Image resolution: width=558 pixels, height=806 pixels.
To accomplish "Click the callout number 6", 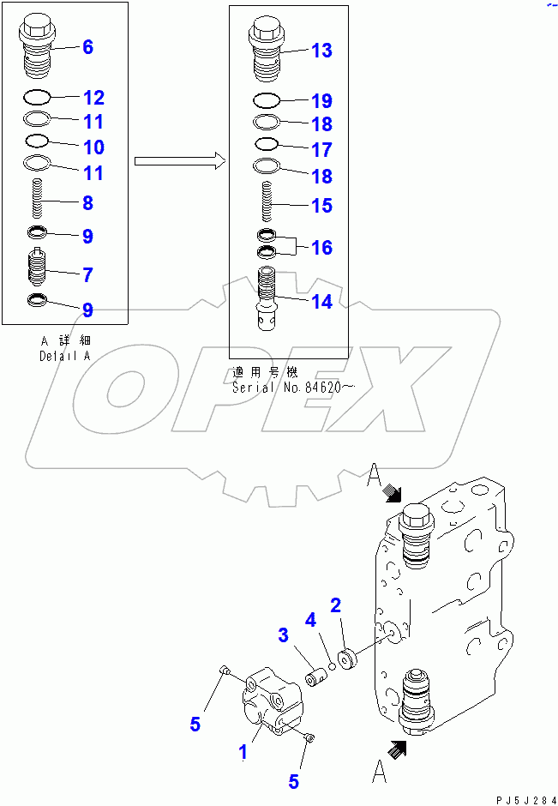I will point(87,47).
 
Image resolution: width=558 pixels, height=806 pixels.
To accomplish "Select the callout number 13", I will point(321,51).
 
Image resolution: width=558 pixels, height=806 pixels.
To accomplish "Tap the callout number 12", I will point(93,98).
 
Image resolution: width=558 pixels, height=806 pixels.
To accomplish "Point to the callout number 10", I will point(93,147).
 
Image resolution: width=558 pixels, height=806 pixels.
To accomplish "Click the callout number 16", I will point(321,248).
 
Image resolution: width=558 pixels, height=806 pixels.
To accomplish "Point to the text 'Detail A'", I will point(64,356).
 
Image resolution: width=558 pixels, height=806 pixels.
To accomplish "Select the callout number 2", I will point(336,605).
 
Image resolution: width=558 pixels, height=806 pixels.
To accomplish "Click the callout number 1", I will point(243,752).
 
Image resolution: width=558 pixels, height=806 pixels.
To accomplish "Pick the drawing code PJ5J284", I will point(522,797).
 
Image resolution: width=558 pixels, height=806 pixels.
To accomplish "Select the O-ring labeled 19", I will point(266,99).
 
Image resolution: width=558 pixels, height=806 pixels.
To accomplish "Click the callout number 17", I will point(321,150).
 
